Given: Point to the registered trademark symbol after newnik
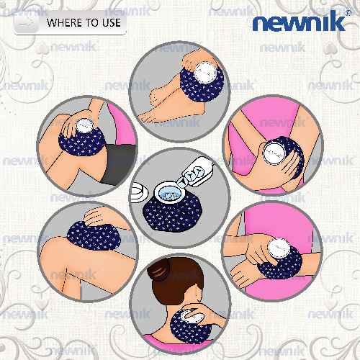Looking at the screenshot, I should pyautogui.click(x=348, y=12).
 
